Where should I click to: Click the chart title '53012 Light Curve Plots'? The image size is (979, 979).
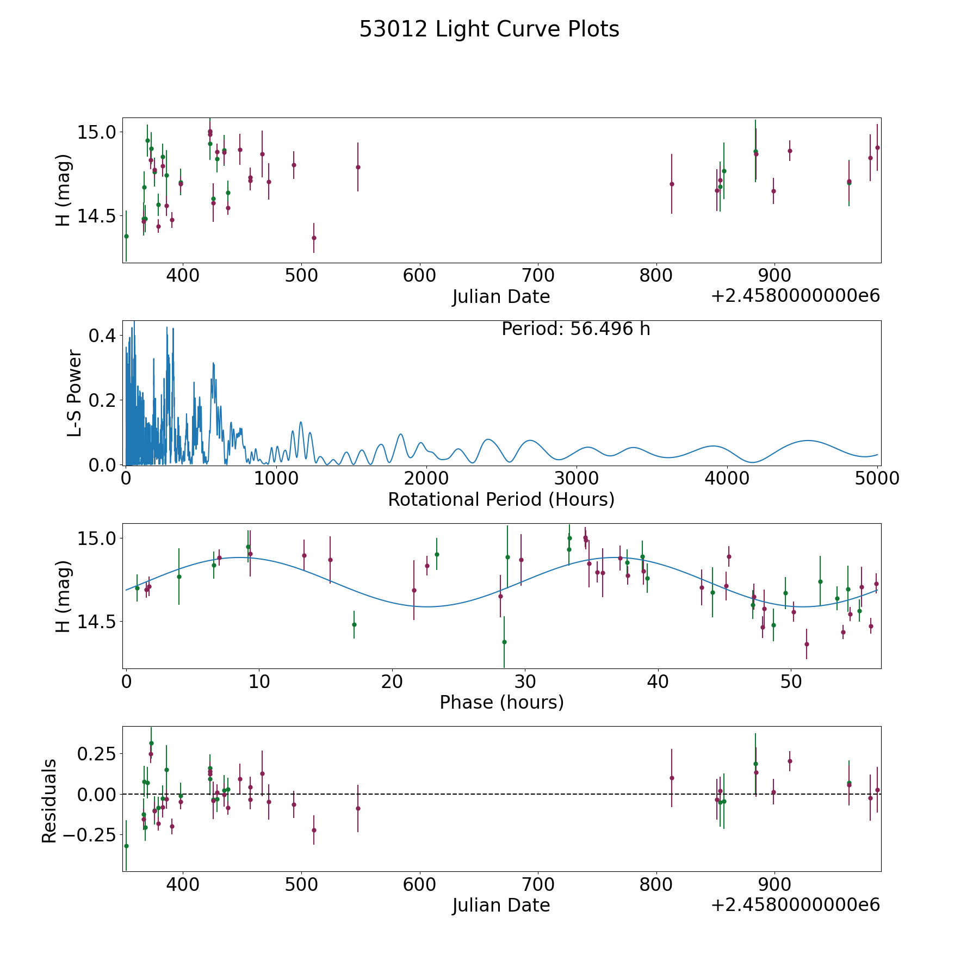(489, 29)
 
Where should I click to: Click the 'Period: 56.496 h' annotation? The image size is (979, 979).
(575, 329)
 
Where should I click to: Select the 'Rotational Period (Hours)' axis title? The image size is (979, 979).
(501, 499)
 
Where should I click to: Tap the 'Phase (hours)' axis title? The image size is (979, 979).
(501, 702)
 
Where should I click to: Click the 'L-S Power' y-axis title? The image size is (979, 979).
(75, 393)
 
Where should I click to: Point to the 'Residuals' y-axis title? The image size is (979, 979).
(49, 801)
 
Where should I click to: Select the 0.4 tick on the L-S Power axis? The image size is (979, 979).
(102, 336)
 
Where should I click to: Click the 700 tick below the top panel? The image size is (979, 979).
(537, 276)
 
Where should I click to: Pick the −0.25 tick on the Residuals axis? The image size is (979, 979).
(88, 834)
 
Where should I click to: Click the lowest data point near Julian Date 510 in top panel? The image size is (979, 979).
(314, 238)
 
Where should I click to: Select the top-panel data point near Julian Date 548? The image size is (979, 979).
(358, 167)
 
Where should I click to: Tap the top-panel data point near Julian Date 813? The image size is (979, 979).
(672, 184)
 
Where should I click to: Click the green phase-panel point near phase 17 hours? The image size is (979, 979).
(354, 624)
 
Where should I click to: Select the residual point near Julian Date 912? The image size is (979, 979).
(790, 761)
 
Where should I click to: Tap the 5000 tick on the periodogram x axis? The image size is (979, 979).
(877, 479)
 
